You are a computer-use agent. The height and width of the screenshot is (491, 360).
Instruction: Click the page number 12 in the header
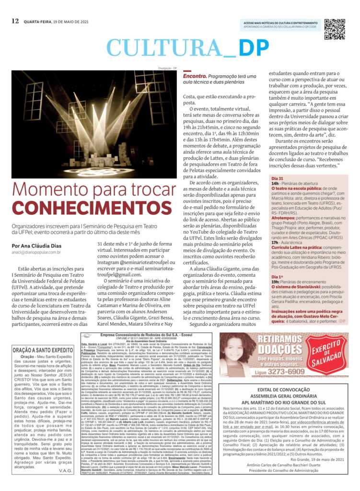point(15,21)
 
